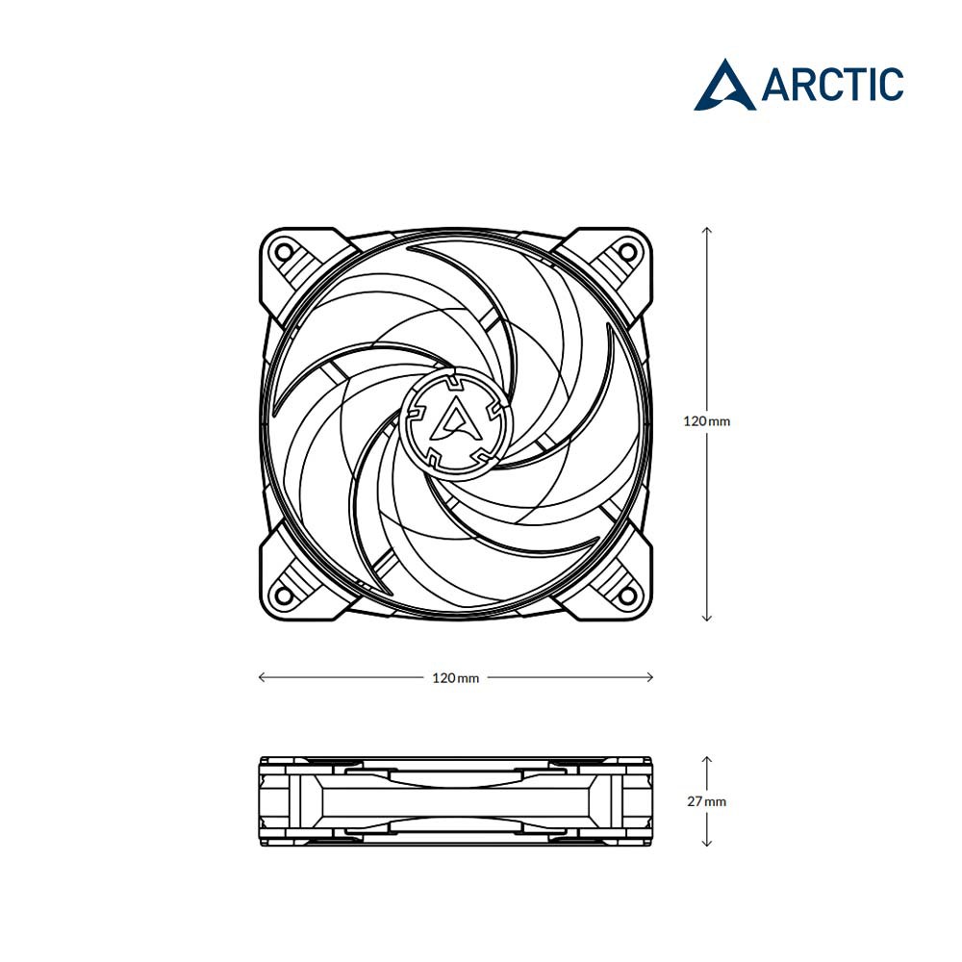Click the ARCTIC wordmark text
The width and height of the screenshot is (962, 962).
[x=832, y=84]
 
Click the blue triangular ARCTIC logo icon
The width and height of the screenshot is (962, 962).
[x=725, y=85]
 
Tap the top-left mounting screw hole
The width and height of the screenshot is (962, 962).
[x=284, y=251]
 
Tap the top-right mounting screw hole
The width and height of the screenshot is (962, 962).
[x=627, y=251]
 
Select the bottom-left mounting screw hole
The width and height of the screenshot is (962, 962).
[x=284, y=594]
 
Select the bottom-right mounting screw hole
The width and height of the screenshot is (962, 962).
[x=627, y=594]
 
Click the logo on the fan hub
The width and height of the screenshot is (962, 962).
[x=455, y=420]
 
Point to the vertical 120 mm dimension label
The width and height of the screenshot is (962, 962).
[x=707, y=421]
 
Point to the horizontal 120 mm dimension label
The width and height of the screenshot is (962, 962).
[x=456, y=678]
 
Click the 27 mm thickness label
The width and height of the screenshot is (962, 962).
[x=707, y=801]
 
